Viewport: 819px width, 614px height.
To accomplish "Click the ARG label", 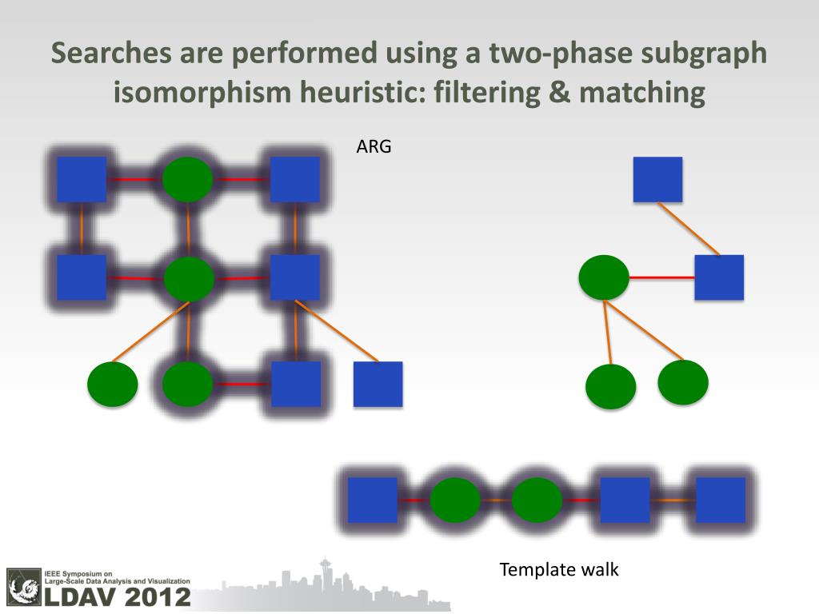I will [x=374, y=147].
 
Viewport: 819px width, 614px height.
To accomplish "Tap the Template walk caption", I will [x=559, y=570].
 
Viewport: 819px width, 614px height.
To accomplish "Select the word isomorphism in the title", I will [x=203, y=93].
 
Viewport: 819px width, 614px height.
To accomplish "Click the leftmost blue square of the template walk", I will [x=372, y=500].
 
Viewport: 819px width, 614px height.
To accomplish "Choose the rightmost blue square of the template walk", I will [x=720, y=500].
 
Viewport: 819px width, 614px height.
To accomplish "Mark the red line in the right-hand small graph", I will [x=661, y=277].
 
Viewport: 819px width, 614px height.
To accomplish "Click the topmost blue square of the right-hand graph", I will [x=657, y=179].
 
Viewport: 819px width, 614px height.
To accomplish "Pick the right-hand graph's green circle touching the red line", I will [x=604, y=277].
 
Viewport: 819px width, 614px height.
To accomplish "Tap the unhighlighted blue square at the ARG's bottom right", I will [x=378, y=384].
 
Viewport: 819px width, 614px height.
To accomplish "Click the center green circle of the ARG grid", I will [x=189, y=278].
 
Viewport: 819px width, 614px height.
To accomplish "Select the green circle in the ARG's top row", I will [x=187, y=179].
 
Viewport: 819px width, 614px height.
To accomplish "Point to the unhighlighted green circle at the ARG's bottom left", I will [x=113, y=384].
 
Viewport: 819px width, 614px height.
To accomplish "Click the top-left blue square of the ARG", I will [x=82, y=179].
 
